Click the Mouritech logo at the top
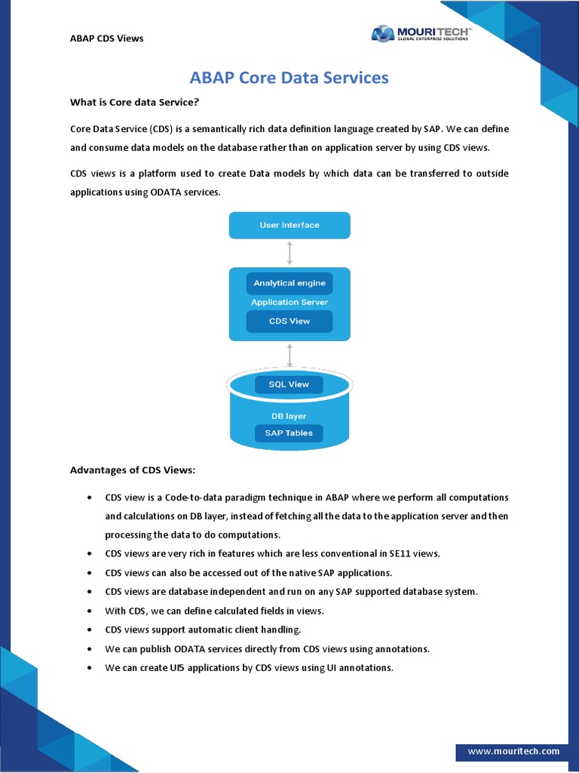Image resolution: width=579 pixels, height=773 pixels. point(421,33)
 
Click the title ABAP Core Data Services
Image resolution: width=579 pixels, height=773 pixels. point(289,78)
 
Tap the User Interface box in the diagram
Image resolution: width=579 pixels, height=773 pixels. point(289,225)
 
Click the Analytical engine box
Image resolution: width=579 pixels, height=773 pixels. point(289,283)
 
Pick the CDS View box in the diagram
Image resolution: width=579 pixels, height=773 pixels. point(289,321)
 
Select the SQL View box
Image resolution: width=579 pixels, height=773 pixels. point(289,384)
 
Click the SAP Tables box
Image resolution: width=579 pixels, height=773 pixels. point(289,433)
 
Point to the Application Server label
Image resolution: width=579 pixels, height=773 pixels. point(289,302)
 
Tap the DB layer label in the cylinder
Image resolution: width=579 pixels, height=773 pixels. point(289,416)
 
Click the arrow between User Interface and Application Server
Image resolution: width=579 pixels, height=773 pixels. point(289,252)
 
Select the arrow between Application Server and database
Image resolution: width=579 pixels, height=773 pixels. point(289,356)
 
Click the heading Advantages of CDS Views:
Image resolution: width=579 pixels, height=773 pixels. point(133,470)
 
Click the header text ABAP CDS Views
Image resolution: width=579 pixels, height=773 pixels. point(106,38)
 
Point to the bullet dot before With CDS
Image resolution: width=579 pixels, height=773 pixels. point(89,611)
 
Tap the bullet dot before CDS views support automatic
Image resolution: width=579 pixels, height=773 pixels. point(89,630)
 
